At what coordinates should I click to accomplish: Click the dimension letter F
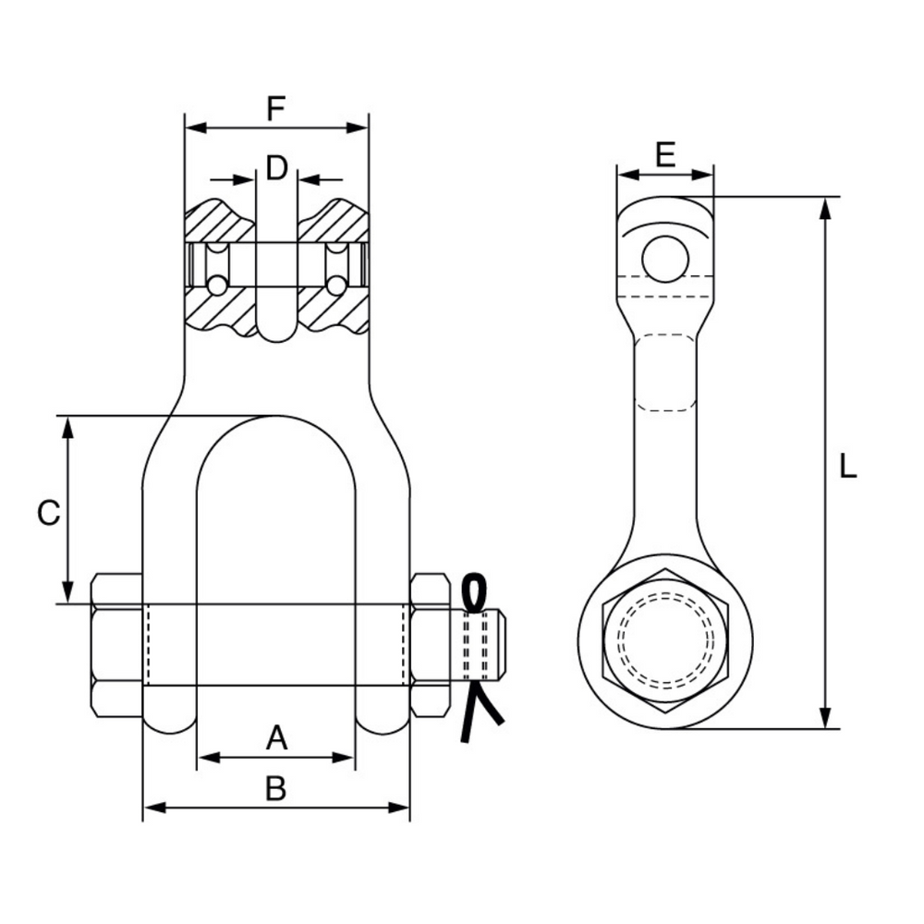click(x=275, y=109)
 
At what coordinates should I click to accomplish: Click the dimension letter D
click(x=276, y=168)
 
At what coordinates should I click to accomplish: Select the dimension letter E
click(x=664, y=153)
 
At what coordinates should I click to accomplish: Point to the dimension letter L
click(x=847, y=465)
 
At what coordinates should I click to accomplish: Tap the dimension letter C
click(x=48, y=513)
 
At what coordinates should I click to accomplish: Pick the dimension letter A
click(x=276, y=738)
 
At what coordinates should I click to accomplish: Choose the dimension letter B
click(x=275, y=788)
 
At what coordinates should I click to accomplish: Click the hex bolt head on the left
click(x=116, y=645)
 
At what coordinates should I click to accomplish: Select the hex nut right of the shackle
click(x=430, y=645)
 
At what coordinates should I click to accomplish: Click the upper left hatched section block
click(x=218, y=222)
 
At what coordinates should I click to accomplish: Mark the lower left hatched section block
click(x=218, y=310)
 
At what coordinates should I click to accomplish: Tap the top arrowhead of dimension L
click(x=826, y=207)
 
